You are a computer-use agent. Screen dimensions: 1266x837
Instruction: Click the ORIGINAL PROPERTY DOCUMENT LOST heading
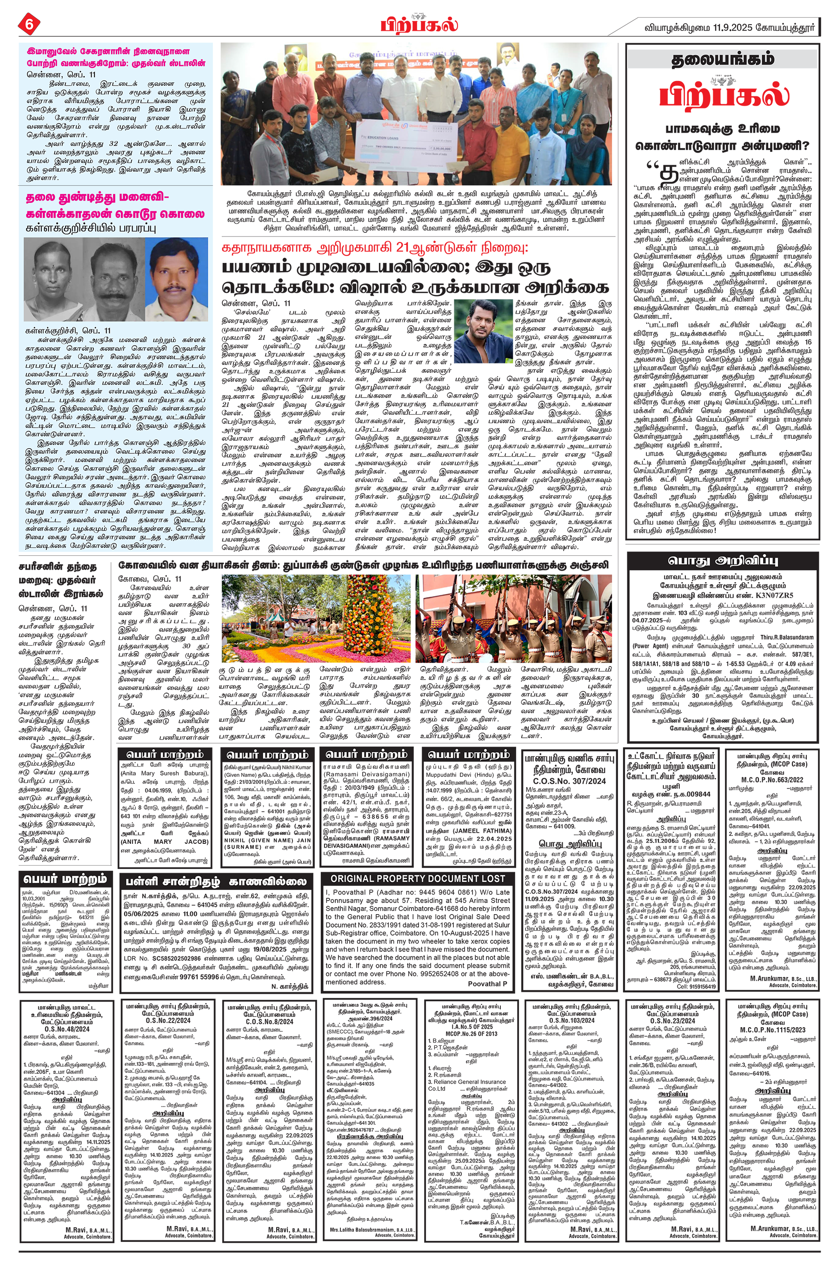[x=418, y=879]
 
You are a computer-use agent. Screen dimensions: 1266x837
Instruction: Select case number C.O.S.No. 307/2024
[x=568, y=781]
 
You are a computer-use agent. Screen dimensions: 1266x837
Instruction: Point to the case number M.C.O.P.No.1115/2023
[x=772, y=1030]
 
